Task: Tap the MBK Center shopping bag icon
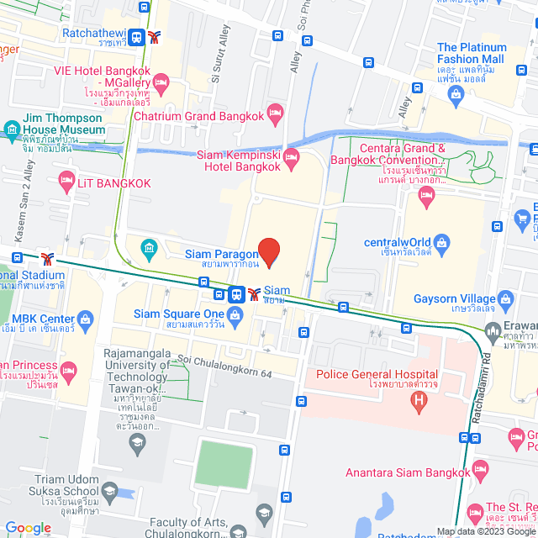click(x=85, y=319)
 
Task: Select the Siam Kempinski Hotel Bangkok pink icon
click(x=292, y=157)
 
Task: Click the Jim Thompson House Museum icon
click(x=11, y=129)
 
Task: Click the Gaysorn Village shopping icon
click(x=505, y=298)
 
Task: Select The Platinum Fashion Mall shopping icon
click(x=455, y=93)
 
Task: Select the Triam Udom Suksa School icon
click(x=109, y=491)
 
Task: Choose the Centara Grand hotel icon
click(x=426, y=197)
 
